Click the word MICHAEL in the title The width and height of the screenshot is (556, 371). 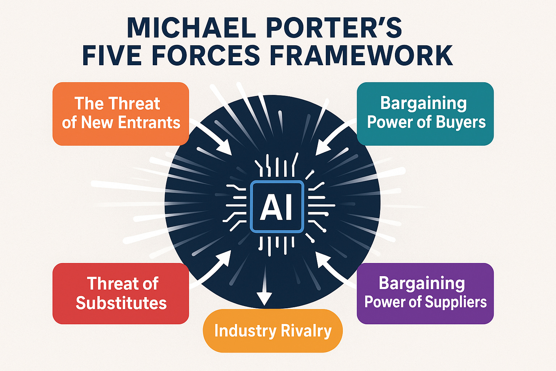(191, 27)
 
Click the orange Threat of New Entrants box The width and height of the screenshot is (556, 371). (121, 113)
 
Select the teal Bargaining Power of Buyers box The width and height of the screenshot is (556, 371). (425, 113)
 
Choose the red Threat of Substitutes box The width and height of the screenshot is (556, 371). (121, 293)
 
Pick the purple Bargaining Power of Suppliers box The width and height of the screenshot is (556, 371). (425, 293)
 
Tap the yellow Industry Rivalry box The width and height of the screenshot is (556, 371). (273, 331)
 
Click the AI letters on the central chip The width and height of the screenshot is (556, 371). (277, 207)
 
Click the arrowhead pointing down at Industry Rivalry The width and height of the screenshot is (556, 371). (265, 298)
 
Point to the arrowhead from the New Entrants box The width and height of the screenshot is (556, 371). (225, 149)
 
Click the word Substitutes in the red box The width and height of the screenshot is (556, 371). (121, 303)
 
